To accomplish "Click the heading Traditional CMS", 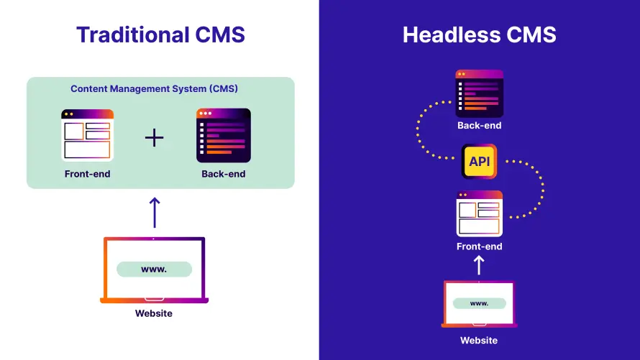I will point(160,34).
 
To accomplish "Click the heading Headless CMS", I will point(479,34).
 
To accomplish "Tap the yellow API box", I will point(479,161).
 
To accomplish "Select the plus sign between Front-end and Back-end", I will point(155,138).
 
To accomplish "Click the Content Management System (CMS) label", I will point(154,89).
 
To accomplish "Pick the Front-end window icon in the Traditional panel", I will point(87,135).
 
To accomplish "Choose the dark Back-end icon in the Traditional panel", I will point(224,135).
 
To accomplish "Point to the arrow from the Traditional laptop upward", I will point(154,212).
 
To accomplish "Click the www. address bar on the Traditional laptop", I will point(154,269).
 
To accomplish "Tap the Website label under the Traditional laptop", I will point(154,313).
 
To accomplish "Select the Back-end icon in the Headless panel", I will point(479,93).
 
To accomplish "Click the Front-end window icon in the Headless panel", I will point(479,213).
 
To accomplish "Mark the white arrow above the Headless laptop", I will point(479,266).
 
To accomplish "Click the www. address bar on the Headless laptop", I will point(479,303).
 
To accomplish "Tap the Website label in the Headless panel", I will point(479,340).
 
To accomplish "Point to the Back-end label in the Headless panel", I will point(479,126).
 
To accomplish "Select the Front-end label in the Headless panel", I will point(479,246).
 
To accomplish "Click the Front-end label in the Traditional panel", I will point(87,174).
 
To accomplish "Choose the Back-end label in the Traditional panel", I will point(224,174).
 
